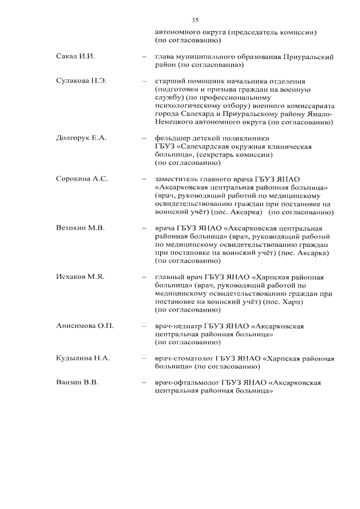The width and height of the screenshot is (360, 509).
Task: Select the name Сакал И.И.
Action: click(x=74, y=57)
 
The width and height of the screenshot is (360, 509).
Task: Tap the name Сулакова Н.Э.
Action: click(x=81, y=81)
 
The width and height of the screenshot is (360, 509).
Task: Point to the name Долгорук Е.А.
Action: click(x=81, y=138)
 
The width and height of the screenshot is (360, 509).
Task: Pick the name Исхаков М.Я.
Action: click(x=80, y=277)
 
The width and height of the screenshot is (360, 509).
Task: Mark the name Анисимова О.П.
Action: click(x=85, y=326)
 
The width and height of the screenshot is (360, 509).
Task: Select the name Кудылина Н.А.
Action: click(x=83, y=358)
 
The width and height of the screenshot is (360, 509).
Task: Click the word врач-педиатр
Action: click(x=178, y=326)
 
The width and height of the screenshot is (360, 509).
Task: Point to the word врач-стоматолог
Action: click(x=186, y=358)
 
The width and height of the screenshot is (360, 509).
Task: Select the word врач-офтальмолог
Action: click(x=187, y=382)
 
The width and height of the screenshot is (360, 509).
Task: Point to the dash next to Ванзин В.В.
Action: click(x=145, y=382)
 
